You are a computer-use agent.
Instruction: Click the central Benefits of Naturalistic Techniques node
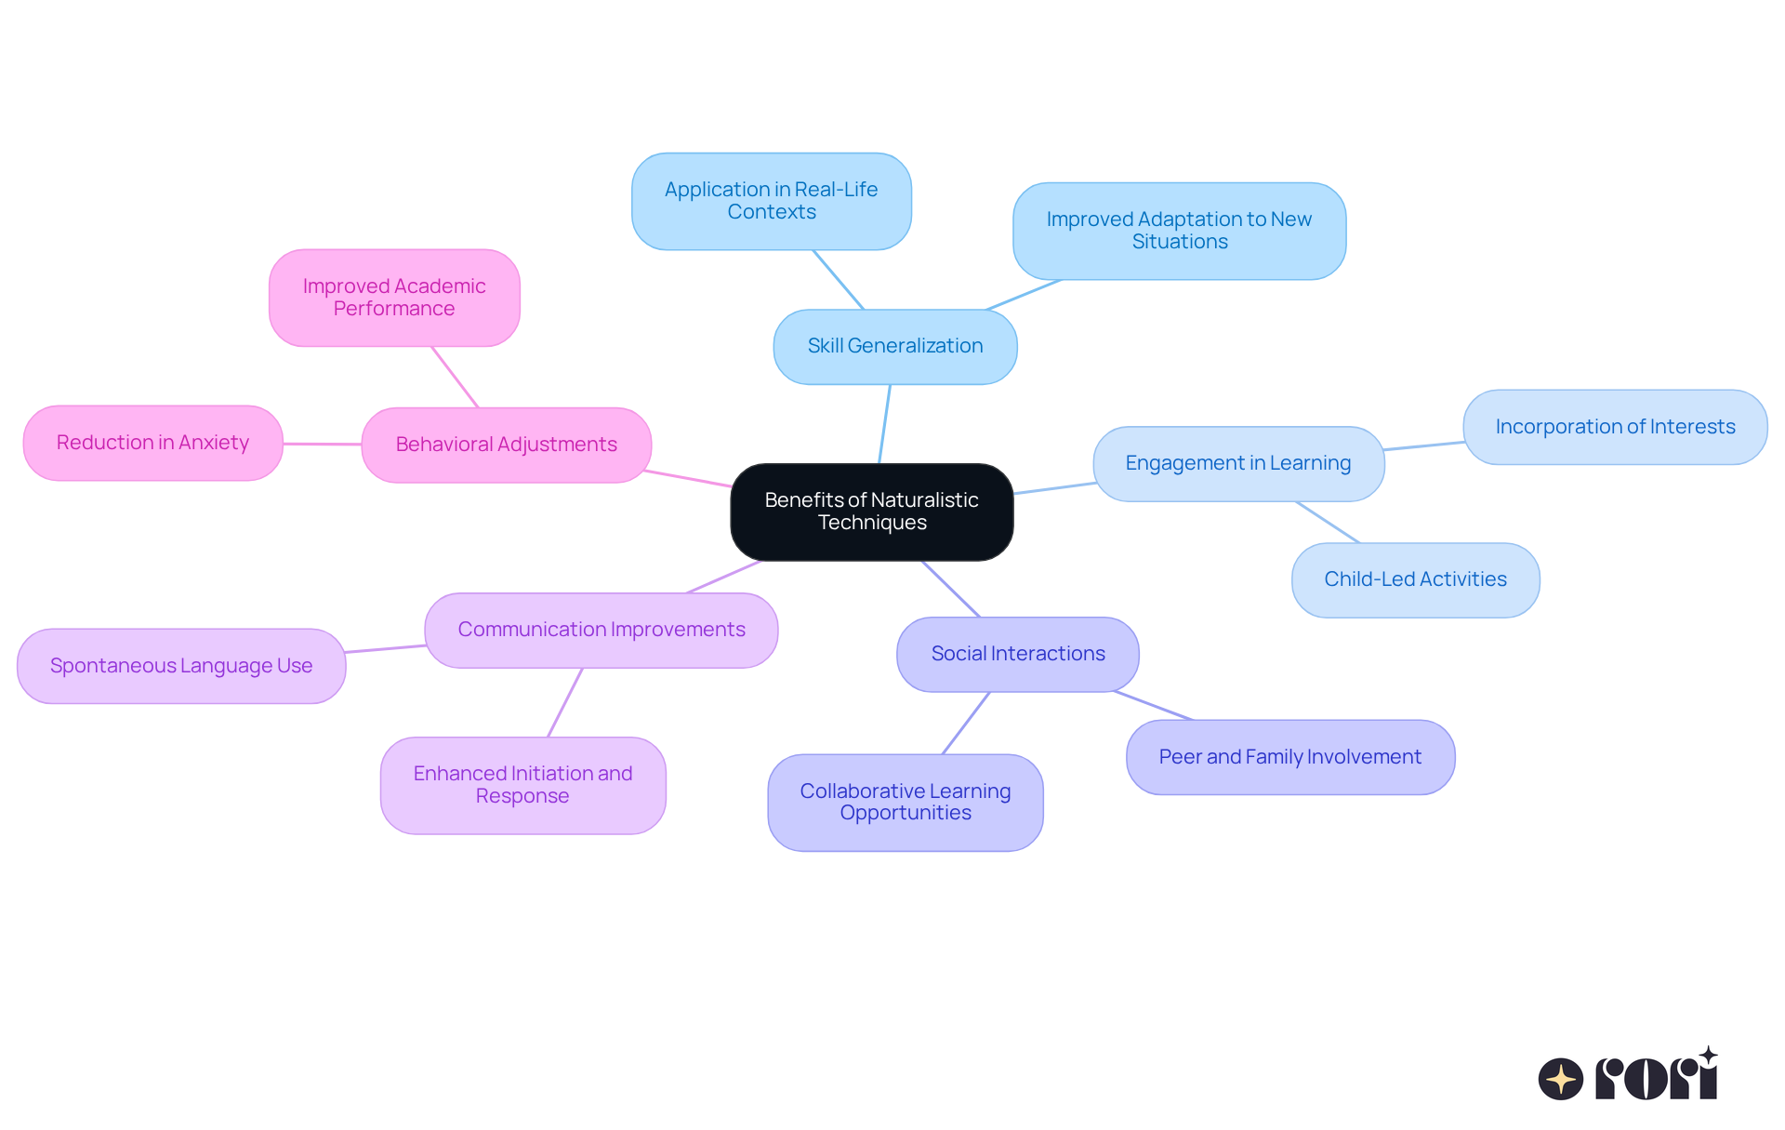(x=871, y=512)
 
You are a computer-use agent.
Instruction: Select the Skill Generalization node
(x=894, y=346)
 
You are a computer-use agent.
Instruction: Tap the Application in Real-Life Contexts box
(x=771, y=201)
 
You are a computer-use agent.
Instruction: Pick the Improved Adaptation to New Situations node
(x=1179, y=231)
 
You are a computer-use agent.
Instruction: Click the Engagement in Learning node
(x=1237, y=463)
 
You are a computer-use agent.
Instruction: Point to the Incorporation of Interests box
(x=1614, y=427)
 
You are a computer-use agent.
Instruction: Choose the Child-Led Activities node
(x=1415, y=579)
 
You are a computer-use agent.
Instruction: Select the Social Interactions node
(x=1017, y=654)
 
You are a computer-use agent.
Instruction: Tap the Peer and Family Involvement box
(x=1289, y=757)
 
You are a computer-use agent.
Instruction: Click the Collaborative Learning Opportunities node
(x=905, y=802)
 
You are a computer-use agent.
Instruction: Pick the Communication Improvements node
(x=601, y=630)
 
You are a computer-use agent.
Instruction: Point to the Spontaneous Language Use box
(x=181, y=666)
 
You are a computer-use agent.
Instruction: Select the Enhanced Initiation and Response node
(x=522, y=785)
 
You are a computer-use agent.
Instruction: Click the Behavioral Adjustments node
(x=506, y=445)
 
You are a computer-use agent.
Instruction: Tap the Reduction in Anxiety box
(x=152, y=443)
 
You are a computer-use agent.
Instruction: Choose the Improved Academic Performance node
(x=394, y=298)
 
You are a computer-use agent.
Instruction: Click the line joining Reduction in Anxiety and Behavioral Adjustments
(x=322, y=444)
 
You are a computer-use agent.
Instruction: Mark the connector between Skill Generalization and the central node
(x=884, y=423)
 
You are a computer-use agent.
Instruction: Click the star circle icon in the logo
(x=1560, y=1079)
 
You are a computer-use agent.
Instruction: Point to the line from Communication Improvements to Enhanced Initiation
(x=565, y=702)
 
